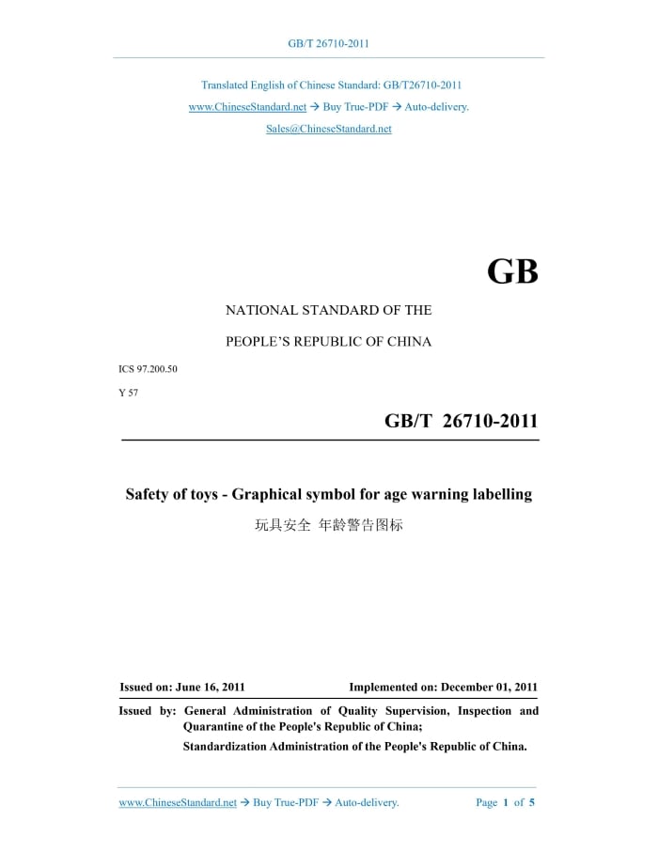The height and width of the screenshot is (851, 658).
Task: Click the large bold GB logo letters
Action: click(512, 271)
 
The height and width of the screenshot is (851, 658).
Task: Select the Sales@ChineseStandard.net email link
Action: click(328, 129)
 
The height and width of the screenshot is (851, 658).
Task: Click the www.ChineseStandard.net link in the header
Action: click(247, 107)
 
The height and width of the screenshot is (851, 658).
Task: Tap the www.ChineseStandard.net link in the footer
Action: click(178, 802)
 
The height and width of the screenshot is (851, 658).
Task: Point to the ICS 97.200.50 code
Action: click(148, 369)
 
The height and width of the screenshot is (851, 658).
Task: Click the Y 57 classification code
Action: click(128, 393)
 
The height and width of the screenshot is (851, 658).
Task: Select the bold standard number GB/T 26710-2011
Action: click(461, 422)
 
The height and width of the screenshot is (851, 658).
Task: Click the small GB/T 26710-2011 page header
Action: click(328, 43)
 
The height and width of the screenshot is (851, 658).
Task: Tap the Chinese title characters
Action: click(328, 525)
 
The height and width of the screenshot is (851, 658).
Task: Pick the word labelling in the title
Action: click(501, 494)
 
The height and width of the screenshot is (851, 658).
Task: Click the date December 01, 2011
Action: click(489, 688)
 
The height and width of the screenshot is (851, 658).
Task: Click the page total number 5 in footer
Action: click(532, 802)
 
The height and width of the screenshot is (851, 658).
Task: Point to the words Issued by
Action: click(148, 711)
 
